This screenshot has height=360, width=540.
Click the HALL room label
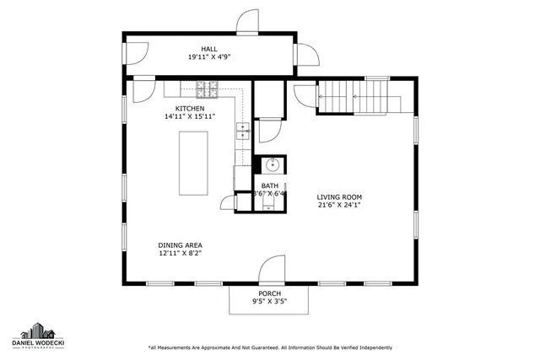208,49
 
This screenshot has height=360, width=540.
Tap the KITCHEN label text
189,109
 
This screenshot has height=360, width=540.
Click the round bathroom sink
272,165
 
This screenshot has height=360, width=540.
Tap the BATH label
269,185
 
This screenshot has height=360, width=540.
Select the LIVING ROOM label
339,196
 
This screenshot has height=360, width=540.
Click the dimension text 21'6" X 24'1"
339,205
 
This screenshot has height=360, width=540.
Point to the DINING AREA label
181,244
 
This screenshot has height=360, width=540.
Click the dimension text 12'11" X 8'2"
181,253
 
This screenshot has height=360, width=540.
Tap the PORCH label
270,293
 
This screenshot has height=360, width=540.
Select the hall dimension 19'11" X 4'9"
208,57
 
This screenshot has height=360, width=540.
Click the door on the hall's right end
309,56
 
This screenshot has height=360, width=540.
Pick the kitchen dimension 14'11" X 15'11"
189,117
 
